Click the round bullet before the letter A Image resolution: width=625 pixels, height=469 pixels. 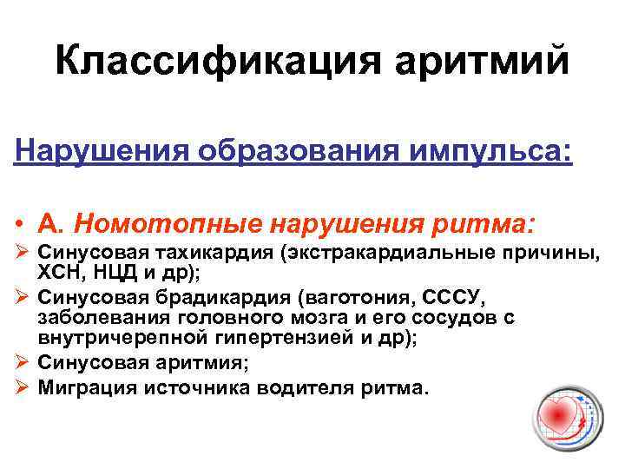coord(19,225)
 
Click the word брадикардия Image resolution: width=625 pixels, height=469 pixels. coord(217,297)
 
